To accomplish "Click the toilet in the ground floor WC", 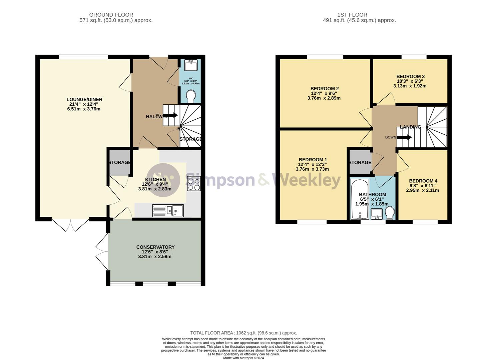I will (x=191, y=96).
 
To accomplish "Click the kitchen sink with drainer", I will (x=168, y=210).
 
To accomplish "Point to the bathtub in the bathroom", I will (x=359, y=199).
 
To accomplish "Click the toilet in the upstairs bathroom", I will (x=389, y=212).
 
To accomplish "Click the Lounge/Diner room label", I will (x=84, y=99).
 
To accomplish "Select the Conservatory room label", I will (x=155, y=247).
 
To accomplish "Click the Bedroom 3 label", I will (x=410, y=76).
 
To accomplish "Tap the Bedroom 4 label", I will (x=423, y=181).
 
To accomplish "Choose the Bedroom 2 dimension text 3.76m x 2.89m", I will (x=324, y=98).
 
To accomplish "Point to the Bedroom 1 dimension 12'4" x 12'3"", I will (x=313, y=164).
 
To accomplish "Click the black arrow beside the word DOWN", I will (x=405, y=137).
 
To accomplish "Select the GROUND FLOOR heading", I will (x=111, y=15).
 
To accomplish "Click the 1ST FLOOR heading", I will (x=352, y=15).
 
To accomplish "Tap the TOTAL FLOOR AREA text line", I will (x=243, y=333).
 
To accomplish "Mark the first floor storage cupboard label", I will (x=360, y=162).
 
